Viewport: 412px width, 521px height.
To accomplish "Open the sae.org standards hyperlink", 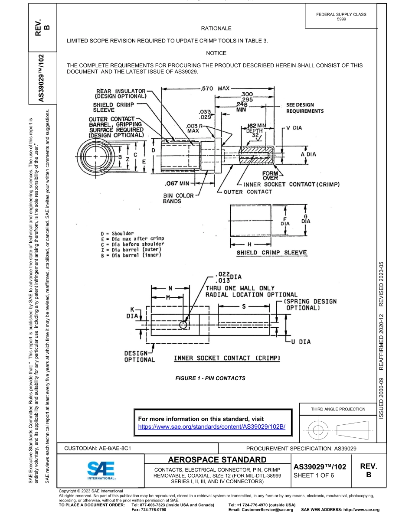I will [x=214, y=427].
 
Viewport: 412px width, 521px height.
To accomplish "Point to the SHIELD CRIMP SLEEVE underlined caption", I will [x=271, y=253].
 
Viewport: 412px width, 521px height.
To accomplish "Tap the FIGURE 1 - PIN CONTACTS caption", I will [x=210, y=378].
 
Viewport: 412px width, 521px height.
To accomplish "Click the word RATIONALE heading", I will [x=216, y=29].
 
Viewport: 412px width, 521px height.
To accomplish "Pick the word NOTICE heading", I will [x=216, y=53].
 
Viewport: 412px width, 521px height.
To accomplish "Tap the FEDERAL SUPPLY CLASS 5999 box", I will [x=341, y=16].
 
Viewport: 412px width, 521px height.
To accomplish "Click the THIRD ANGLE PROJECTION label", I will [x=338, y=409].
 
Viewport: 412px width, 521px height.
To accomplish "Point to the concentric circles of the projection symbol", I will [x=319, y=430].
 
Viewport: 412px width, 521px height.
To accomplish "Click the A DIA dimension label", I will [x=308, y=154].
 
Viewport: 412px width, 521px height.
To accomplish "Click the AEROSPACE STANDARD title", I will [x=216, y=459].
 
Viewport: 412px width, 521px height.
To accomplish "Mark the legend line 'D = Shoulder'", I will [x=117, y=234].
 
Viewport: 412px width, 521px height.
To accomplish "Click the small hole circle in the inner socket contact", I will [x=184, y=325].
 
